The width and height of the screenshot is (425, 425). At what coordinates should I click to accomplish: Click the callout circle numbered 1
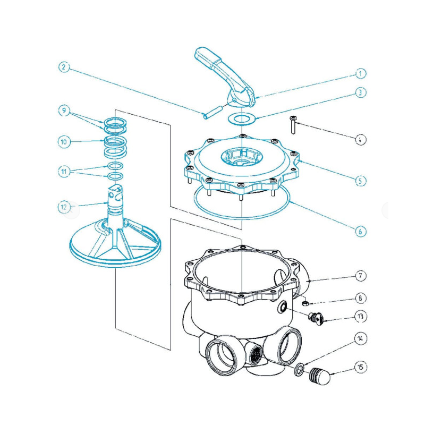[x=360, y=73]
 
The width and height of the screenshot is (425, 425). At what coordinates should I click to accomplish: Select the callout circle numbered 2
[x=64, y=67]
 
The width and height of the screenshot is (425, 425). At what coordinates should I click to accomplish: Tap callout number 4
[x=360, y=140]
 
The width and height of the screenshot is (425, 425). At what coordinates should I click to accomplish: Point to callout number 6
[x=360, y=231]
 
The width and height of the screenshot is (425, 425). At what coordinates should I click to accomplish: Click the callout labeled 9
[x=64, y=110]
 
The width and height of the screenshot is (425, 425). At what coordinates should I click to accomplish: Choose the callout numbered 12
[x=64, y=207]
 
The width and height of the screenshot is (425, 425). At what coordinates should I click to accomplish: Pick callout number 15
[x=360, y=367]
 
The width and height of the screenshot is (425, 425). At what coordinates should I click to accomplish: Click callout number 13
[x=360, y=317]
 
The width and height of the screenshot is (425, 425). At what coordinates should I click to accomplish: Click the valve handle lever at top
[x=225, y=76]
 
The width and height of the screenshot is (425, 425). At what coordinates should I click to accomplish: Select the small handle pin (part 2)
[x=214, y=112]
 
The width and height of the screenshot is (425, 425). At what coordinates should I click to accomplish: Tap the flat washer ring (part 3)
[x=242, y=118]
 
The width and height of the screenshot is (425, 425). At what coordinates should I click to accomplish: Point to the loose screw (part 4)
[x=293, y=124]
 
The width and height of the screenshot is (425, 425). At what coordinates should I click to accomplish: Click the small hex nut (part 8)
[x=305, y=303]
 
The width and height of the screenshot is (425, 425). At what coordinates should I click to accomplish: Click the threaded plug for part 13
[x=316, y=317]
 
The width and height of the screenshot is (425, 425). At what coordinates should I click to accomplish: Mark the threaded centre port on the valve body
[x=256, y=355]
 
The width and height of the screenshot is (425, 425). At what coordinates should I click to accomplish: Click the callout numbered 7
[x=360, y=276]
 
